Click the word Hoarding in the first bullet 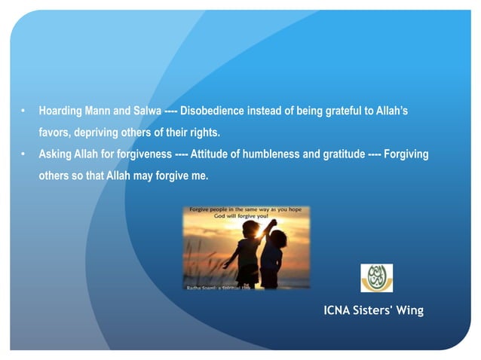63,111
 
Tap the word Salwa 144,111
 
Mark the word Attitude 210,154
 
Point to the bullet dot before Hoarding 24,111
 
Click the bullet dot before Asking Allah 24,155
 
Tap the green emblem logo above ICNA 376,277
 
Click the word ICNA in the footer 339,310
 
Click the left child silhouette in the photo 247,252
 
